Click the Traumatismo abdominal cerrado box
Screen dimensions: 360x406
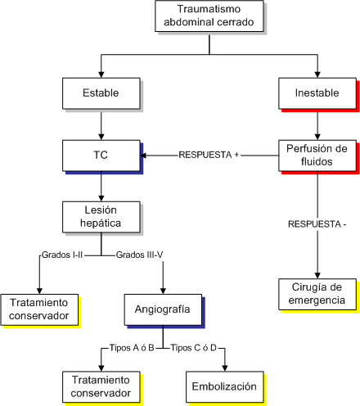tap(209, 16)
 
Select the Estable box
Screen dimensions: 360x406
tap(101, 93)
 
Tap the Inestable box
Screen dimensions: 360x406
tap(317, 93)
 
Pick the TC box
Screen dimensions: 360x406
tap(101, 156)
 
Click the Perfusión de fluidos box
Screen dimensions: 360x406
tap(317, 156)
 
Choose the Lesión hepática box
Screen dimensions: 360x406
tap(101, 217)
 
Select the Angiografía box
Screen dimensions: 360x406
tap(163, 309)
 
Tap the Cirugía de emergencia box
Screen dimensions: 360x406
tap(317, 294)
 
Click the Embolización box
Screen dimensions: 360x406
tap(225, 386)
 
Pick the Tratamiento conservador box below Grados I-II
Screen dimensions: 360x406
tap(39, 309)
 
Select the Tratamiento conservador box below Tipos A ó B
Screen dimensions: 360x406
tap(101, 386)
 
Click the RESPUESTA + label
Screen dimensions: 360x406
tap(209, 155)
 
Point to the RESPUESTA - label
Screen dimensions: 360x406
tap(317, 224)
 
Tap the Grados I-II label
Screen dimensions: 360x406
tap(62, 255)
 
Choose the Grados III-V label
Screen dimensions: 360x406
tap(139, 255)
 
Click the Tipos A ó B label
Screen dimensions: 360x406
tap(132, 348)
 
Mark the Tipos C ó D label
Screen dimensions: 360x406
tap(194, 348)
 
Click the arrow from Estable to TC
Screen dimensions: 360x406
tap(101, 124)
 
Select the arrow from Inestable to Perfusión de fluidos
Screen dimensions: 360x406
tap(317, 124)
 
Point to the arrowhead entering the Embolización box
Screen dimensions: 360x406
tap(225, 368)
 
